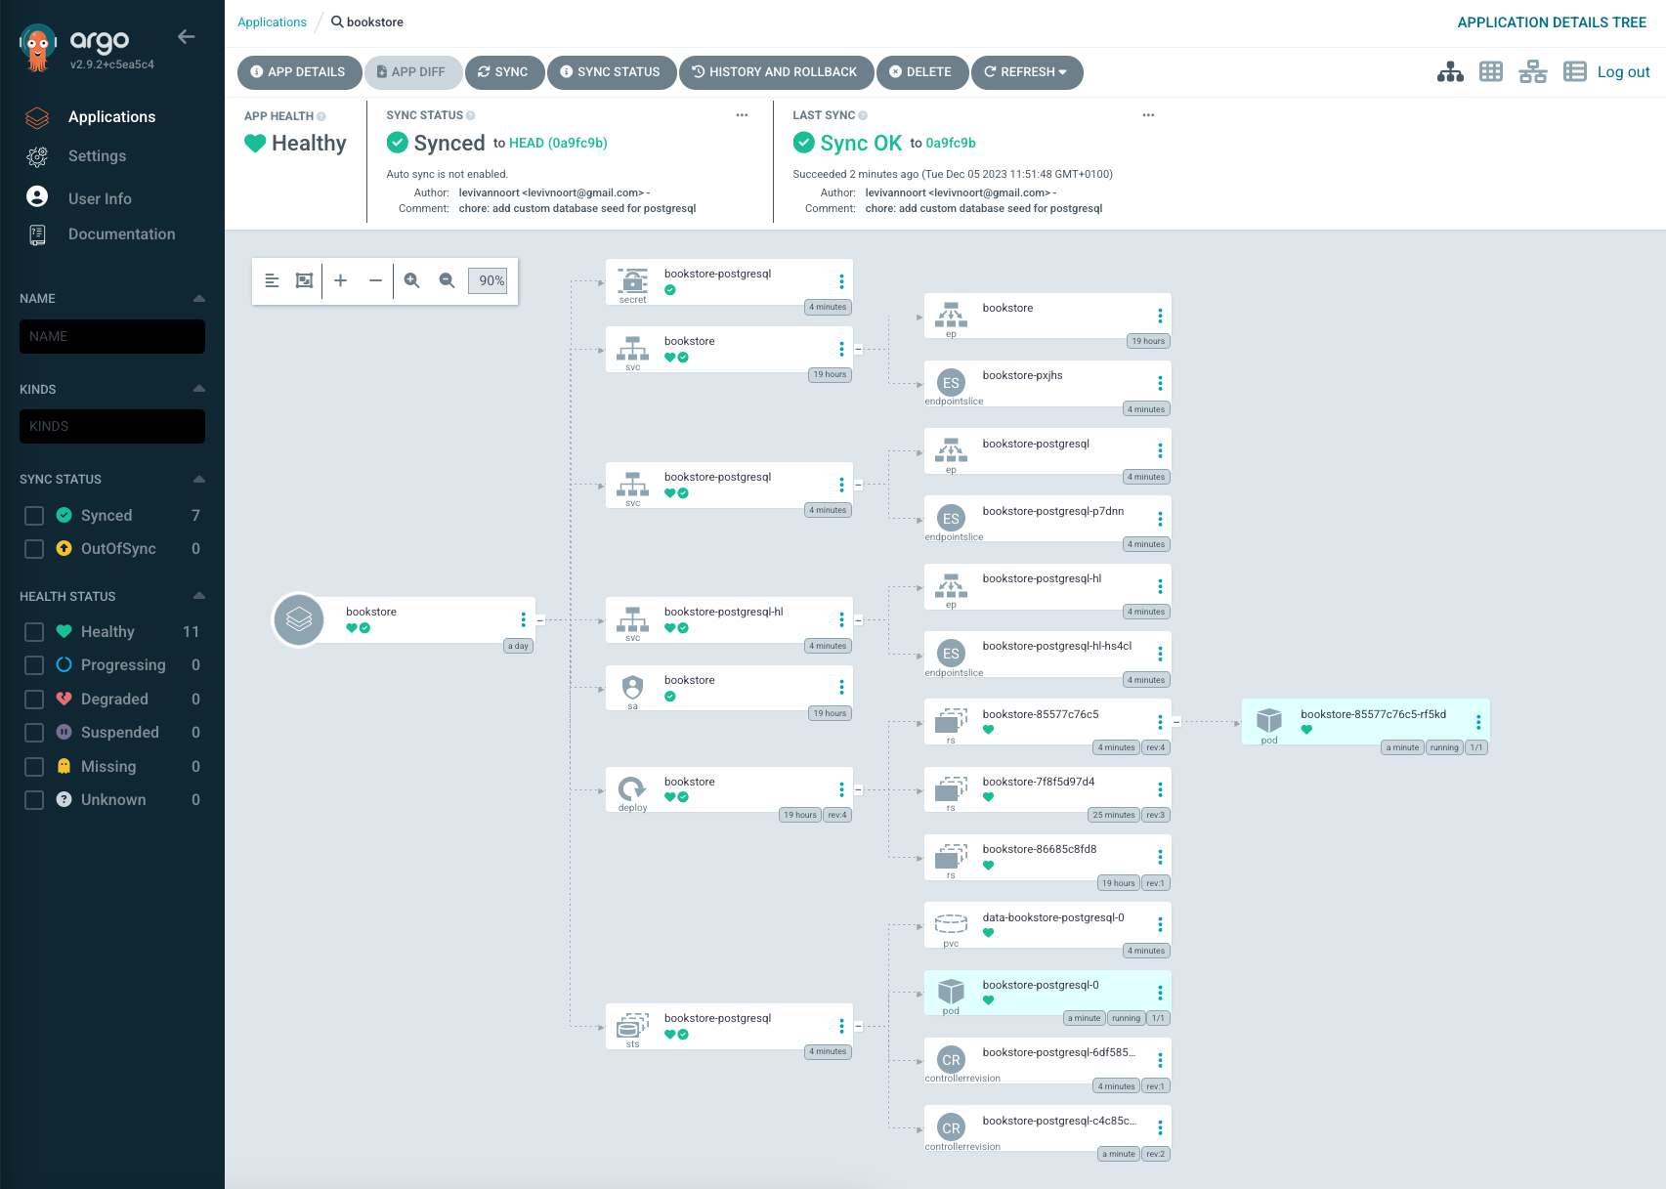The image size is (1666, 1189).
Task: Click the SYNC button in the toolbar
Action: click(503, 72)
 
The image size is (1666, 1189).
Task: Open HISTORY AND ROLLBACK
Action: click(775, 72)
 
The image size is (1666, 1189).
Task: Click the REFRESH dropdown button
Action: click(1026, 72)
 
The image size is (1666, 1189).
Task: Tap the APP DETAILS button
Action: click(299, 72)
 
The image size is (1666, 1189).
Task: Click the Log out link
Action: click(1623, 72)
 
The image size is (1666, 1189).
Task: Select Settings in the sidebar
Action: click(97, 156)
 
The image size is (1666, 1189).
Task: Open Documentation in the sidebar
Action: click(121, 234)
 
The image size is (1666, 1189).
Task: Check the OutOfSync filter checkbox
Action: click(34, 549)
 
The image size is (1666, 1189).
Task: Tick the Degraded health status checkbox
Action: click(34, 699)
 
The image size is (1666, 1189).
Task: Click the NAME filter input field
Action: click(112, 337)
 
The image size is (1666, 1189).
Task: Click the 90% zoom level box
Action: click(488, 280)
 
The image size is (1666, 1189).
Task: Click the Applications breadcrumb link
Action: click(272, 22)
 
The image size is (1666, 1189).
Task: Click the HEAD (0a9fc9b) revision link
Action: click(558, 143)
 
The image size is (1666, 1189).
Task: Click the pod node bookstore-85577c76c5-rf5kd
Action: click(1365, 721)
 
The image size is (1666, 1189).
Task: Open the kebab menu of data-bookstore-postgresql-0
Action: click(1160, 924)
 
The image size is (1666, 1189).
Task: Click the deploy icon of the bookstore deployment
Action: click(632, 789)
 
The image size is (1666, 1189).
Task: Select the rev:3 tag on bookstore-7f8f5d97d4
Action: click(1155, 815)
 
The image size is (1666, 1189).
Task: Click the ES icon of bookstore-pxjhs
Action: click(951, 383)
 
